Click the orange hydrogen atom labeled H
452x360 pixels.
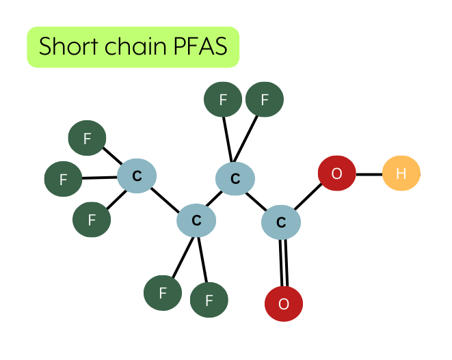[401, 173]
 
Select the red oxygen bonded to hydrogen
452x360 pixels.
[336, 173]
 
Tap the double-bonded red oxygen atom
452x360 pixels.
[284, 303]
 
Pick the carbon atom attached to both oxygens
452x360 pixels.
[281, 222]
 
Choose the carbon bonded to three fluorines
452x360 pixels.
[137, 176]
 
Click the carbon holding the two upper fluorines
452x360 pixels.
[235, 178]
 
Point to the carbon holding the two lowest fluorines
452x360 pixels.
[196, 221]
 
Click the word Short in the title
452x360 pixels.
[68, 46]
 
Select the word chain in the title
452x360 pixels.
[136, 46]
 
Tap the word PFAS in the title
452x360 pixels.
[200, 46]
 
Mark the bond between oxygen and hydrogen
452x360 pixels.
[369, 174]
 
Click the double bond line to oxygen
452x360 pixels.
[284, 262]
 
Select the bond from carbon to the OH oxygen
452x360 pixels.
[308, 196]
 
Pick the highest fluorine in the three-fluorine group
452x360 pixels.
[87, 138]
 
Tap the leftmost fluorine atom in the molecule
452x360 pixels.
[63, 179]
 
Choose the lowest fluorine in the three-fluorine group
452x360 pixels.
[92, 219]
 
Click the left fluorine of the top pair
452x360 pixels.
[223, 99]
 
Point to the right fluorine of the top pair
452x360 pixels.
[265, 99]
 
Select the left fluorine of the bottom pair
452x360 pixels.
[163, 293]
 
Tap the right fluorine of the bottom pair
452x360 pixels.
[209, 300]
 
